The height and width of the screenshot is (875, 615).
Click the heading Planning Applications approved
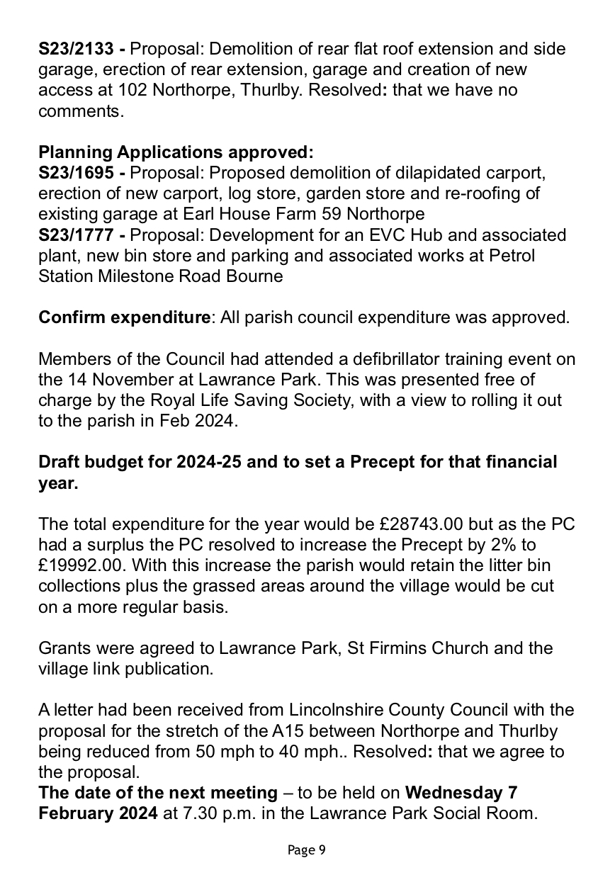click(175, 152)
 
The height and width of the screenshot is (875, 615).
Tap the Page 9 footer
click(307, 850)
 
